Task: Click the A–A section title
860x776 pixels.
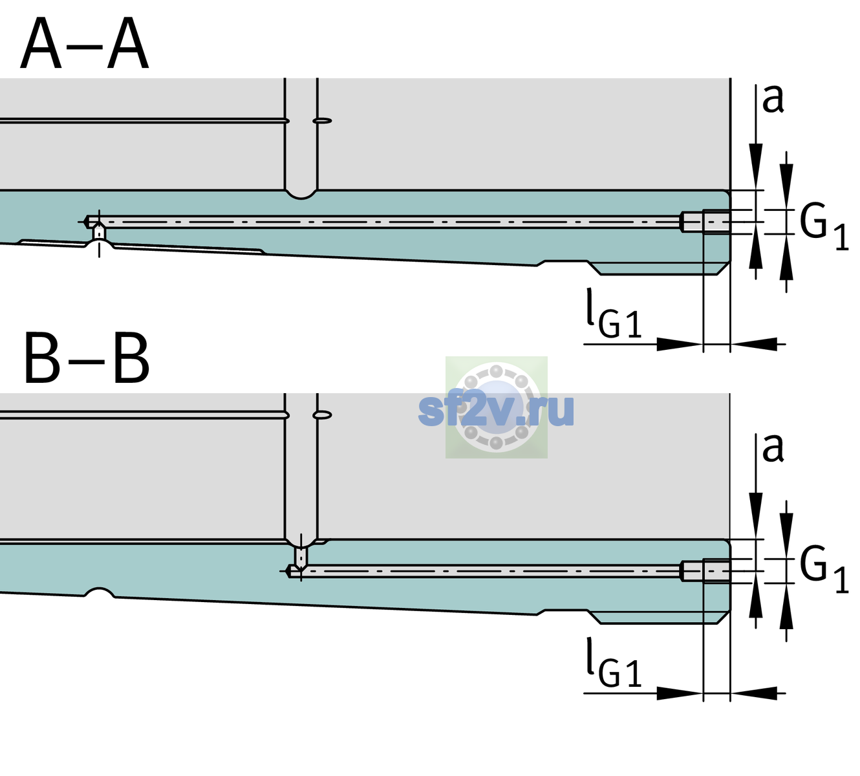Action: click(x=85, y=44)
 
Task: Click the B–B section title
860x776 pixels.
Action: click(x=87, y=358)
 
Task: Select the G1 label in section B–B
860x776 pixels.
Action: click(x=824, y=570)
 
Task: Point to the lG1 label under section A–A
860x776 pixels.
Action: click(x=614, y=314)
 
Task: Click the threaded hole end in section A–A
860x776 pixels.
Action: click(x=705, y=222)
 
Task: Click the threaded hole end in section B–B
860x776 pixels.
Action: click(x=705, y=571)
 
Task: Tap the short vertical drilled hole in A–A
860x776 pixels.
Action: click(x=99, y=232)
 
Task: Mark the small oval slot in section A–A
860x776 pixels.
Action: click(x=323, y=121)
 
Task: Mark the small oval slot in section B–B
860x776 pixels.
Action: click(x=323, y=415)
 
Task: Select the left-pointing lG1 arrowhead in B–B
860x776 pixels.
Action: click(x=754, y=693)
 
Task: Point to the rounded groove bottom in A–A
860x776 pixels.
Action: click(x=301, y=195)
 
